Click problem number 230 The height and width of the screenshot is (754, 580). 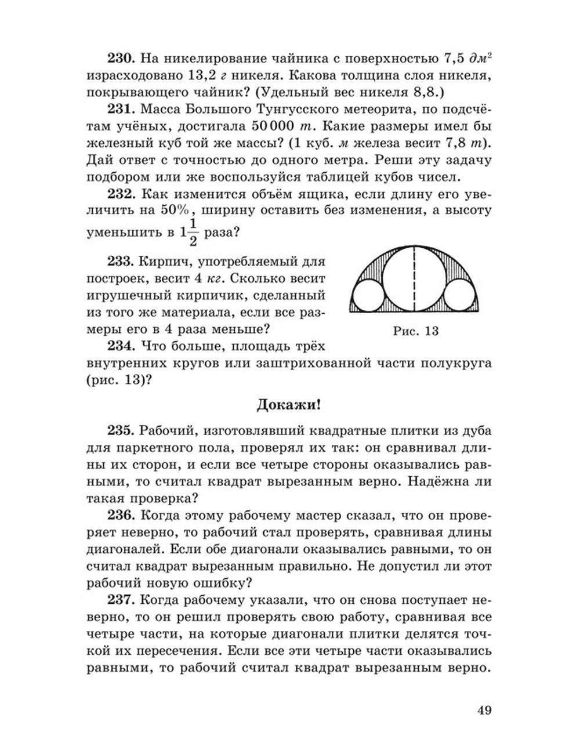point(120,59)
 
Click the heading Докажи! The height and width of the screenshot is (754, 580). point(289,405)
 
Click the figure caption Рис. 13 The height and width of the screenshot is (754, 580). point(415,331)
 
